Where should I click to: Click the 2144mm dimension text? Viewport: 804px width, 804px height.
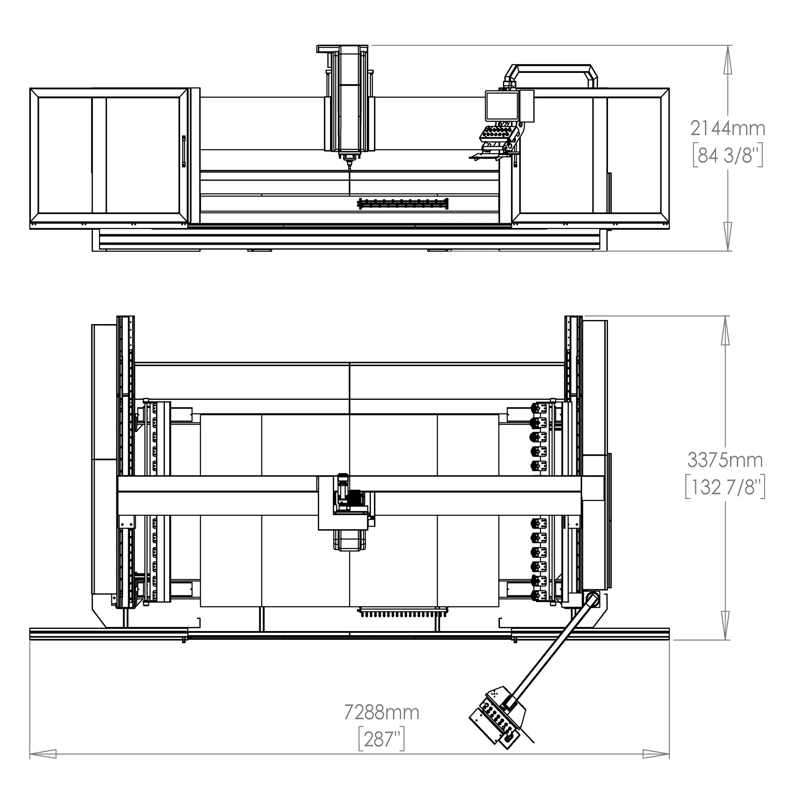click(727, 128)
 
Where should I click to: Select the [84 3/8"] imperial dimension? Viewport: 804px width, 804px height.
click(727, 156)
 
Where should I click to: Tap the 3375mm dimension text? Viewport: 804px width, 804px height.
click(725, 460)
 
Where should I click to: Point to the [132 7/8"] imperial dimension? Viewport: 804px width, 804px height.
click(725, 487)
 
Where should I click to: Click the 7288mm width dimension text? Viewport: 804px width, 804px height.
click(381, 712)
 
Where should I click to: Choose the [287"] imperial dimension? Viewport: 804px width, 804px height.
click(381, 740)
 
